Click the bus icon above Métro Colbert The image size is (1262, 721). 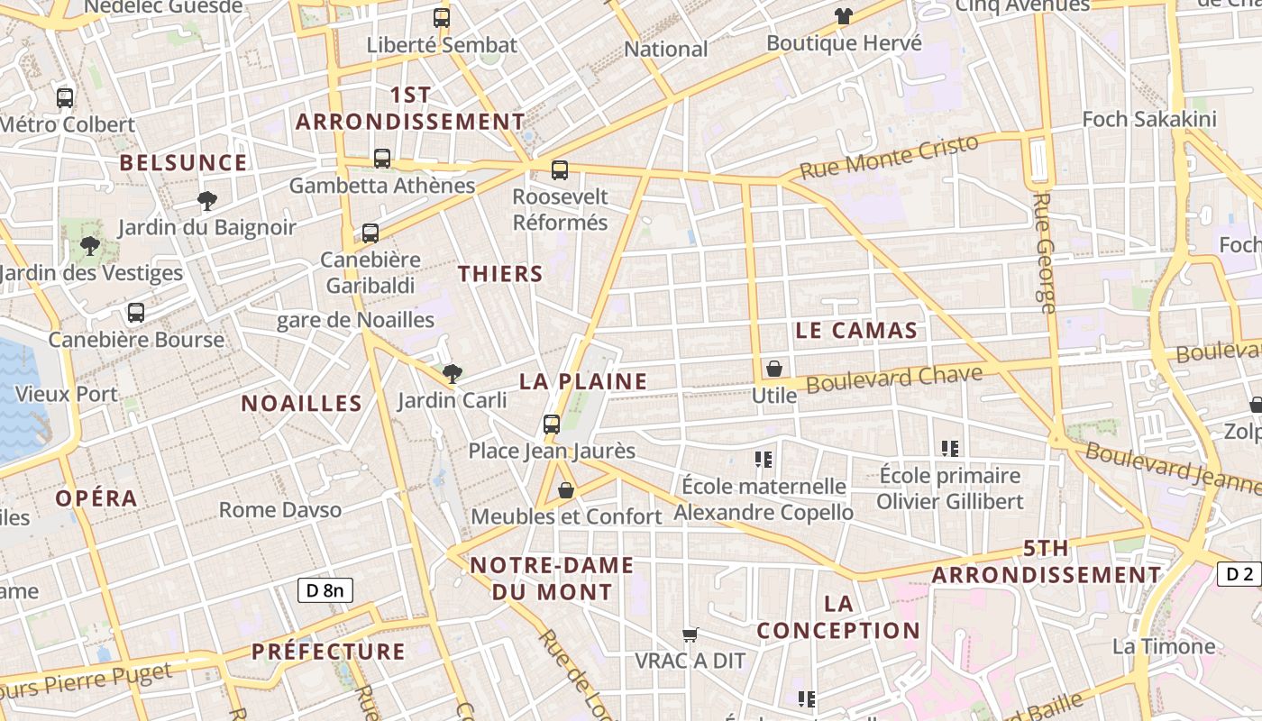tap(64, 97)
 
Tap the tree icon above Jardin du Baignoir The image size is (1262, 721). tap(206, 200)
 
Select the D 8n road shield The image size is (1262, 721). tap(325, 590)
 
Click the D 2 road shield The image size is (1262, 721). tap(1240, 574)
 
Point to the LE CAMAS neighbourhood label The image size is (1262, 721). tap(856, 331)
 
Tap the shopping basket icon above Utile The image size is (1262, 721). tap(773, 369)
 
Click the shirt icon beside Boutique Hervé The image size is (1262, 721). tap(843, 15)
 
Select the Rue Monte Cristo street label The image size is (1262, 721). tap(889, 158)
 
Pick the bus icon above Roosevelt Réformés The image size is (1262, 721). tap(560, 169)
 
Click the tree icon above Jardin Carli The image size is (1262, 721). tap(452, 373)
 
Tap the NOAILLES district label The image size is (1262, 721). tap(301, 404)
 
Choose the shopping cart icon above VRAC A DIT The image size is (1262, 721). tap(690, 634)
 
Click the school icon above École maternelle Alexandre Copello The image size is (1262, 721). tap(764, 460)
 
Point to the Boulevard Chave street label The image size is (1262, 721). tap(894, 379)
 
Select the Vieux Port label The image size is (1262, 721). tap(67, 394)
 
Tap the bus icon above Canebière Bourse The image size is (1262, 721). tap(136, 313)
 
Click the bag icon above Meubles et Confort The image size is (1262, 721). tap(566, 490)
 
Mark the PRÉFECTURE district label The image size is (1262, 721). tap(328, 652)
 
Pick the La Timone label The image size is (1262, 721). tap(1164, 646)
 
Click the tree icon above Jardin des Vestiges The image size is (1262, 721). tap(89, 245)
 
